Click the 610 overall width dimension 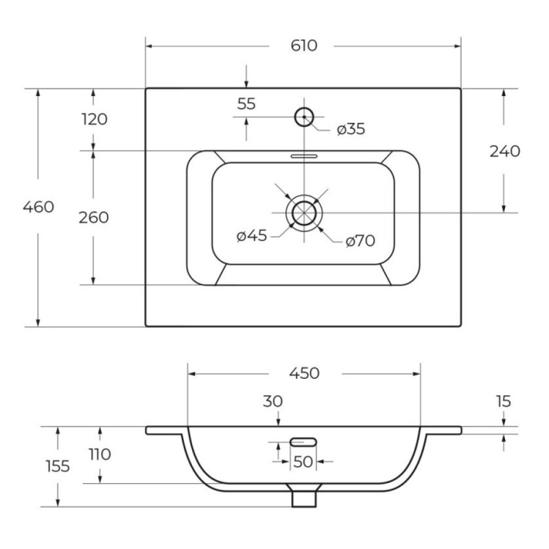304,45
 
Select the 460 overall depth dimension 38,207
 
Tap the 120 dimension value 95,119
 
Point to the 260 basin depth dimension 93,218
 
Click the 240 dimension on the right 504,151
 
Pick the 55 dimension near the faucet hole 246,104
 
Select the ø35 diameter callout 351,129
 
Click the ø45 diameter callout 252,235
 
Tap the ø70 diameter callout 360,241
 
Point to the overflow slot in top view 304,156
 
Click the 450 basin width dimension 304,373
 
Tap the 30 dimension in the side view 272,401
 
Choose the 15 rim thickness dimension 504,401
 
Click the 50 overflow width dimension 303,462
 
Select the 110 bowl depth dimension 100,454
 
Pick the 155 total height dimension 58,467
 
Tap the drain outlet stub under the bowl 304,499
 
